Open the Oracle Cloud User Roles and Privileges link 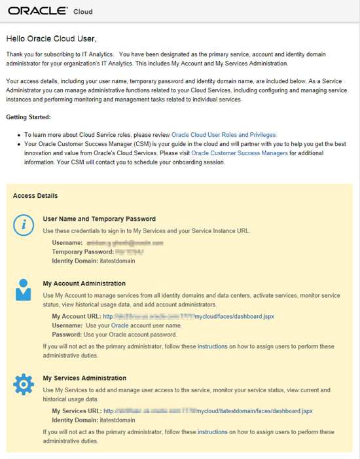(224, 134)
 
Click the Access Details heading (35, 195)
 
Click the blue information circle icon (24, 225)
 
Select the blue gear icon (24, 384)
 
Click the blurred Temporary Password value (130, 251)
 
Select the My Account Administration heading (84, 284)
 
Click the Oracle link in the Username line (120, 325)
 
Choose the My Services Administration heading (84, 378)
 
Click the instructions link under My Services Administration (213, 431)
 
